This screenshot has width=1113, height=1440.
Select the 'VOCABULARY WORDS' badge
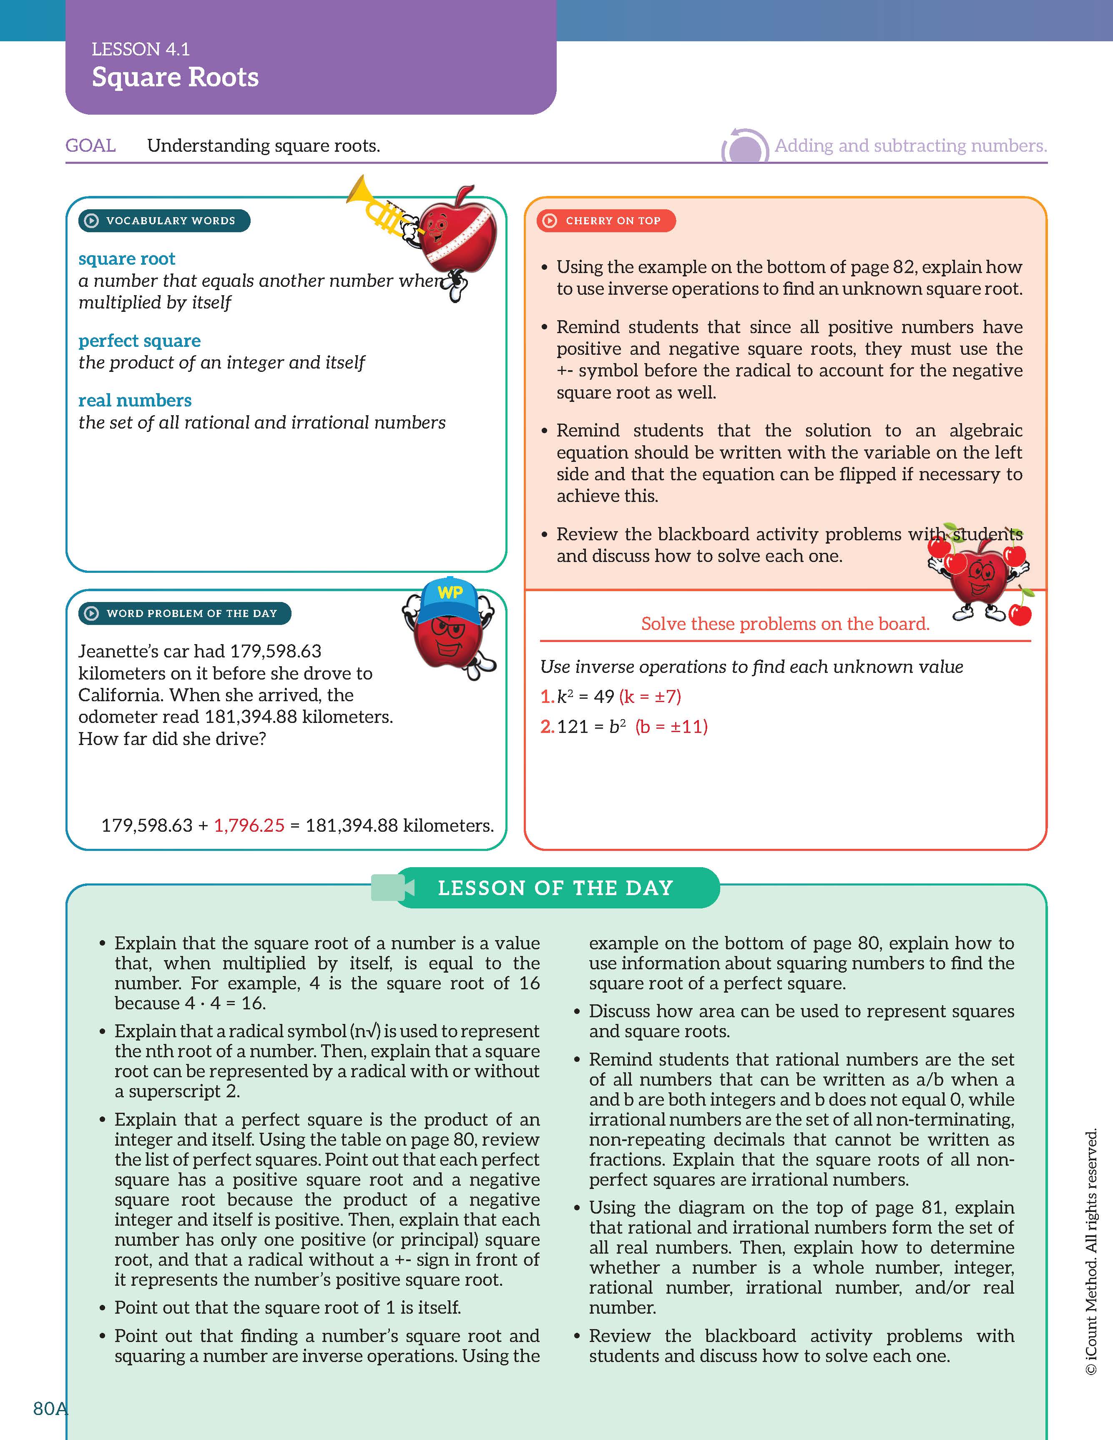[164, 221]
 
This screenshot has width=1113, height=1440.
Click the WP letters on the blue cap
[450, 592]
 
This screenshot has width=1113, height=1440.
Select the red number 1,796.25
[249, 825]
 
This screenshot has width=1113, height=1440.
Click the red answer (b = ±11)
[671, 727]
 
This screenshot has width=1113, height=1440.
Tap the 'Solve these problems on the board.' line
[785, 624]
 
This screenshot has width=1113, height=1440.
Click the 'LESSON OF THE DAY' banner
[555, 888]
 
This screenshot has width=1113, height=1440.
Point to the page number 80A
[50, 1408]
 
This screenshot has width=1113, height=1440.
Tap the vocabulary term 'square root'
[127, 258]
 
